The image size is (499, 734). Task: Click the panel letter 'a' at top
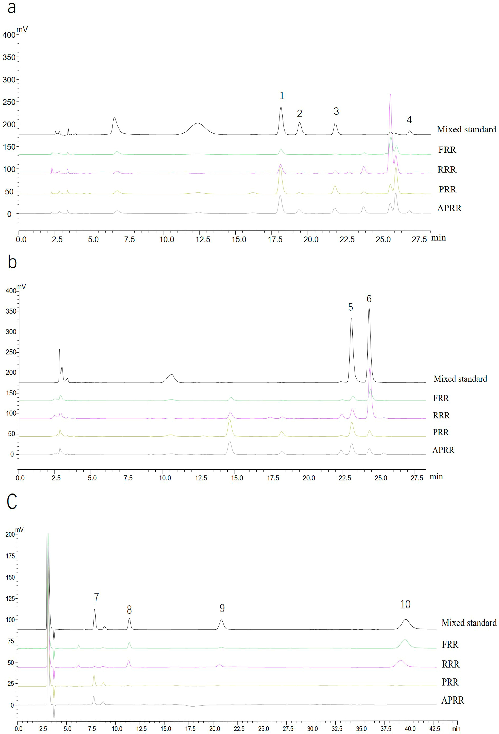point(11,8)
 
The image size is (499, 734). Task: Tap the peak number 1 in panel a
point(282,95)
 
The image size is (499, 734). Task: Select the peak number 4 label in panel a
point(409,120)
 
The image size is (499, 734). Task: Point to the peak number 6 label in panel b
point(369,299)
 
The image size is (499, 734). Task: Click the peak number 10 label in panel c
point(405,604)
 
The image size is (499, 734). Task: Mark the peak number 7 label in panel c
point(96,597)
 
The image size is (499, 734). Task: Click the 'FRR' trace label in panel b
point(440,398)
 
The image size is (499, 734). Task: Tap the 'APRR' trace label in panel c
point(452,700)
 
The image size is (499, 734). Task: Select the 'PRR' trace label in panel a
point(447,189)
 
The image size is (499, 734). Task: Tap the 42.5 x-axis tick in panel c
point(434,729)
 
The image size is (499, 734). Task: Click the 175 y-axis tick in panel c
point(10,556)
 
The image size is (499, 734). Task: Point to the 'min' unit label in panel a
point(439,238)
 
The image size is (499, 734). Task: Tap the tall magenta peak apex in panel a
point(390,94)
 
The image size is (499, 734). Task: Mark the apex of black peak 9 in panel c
point(222,620)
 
